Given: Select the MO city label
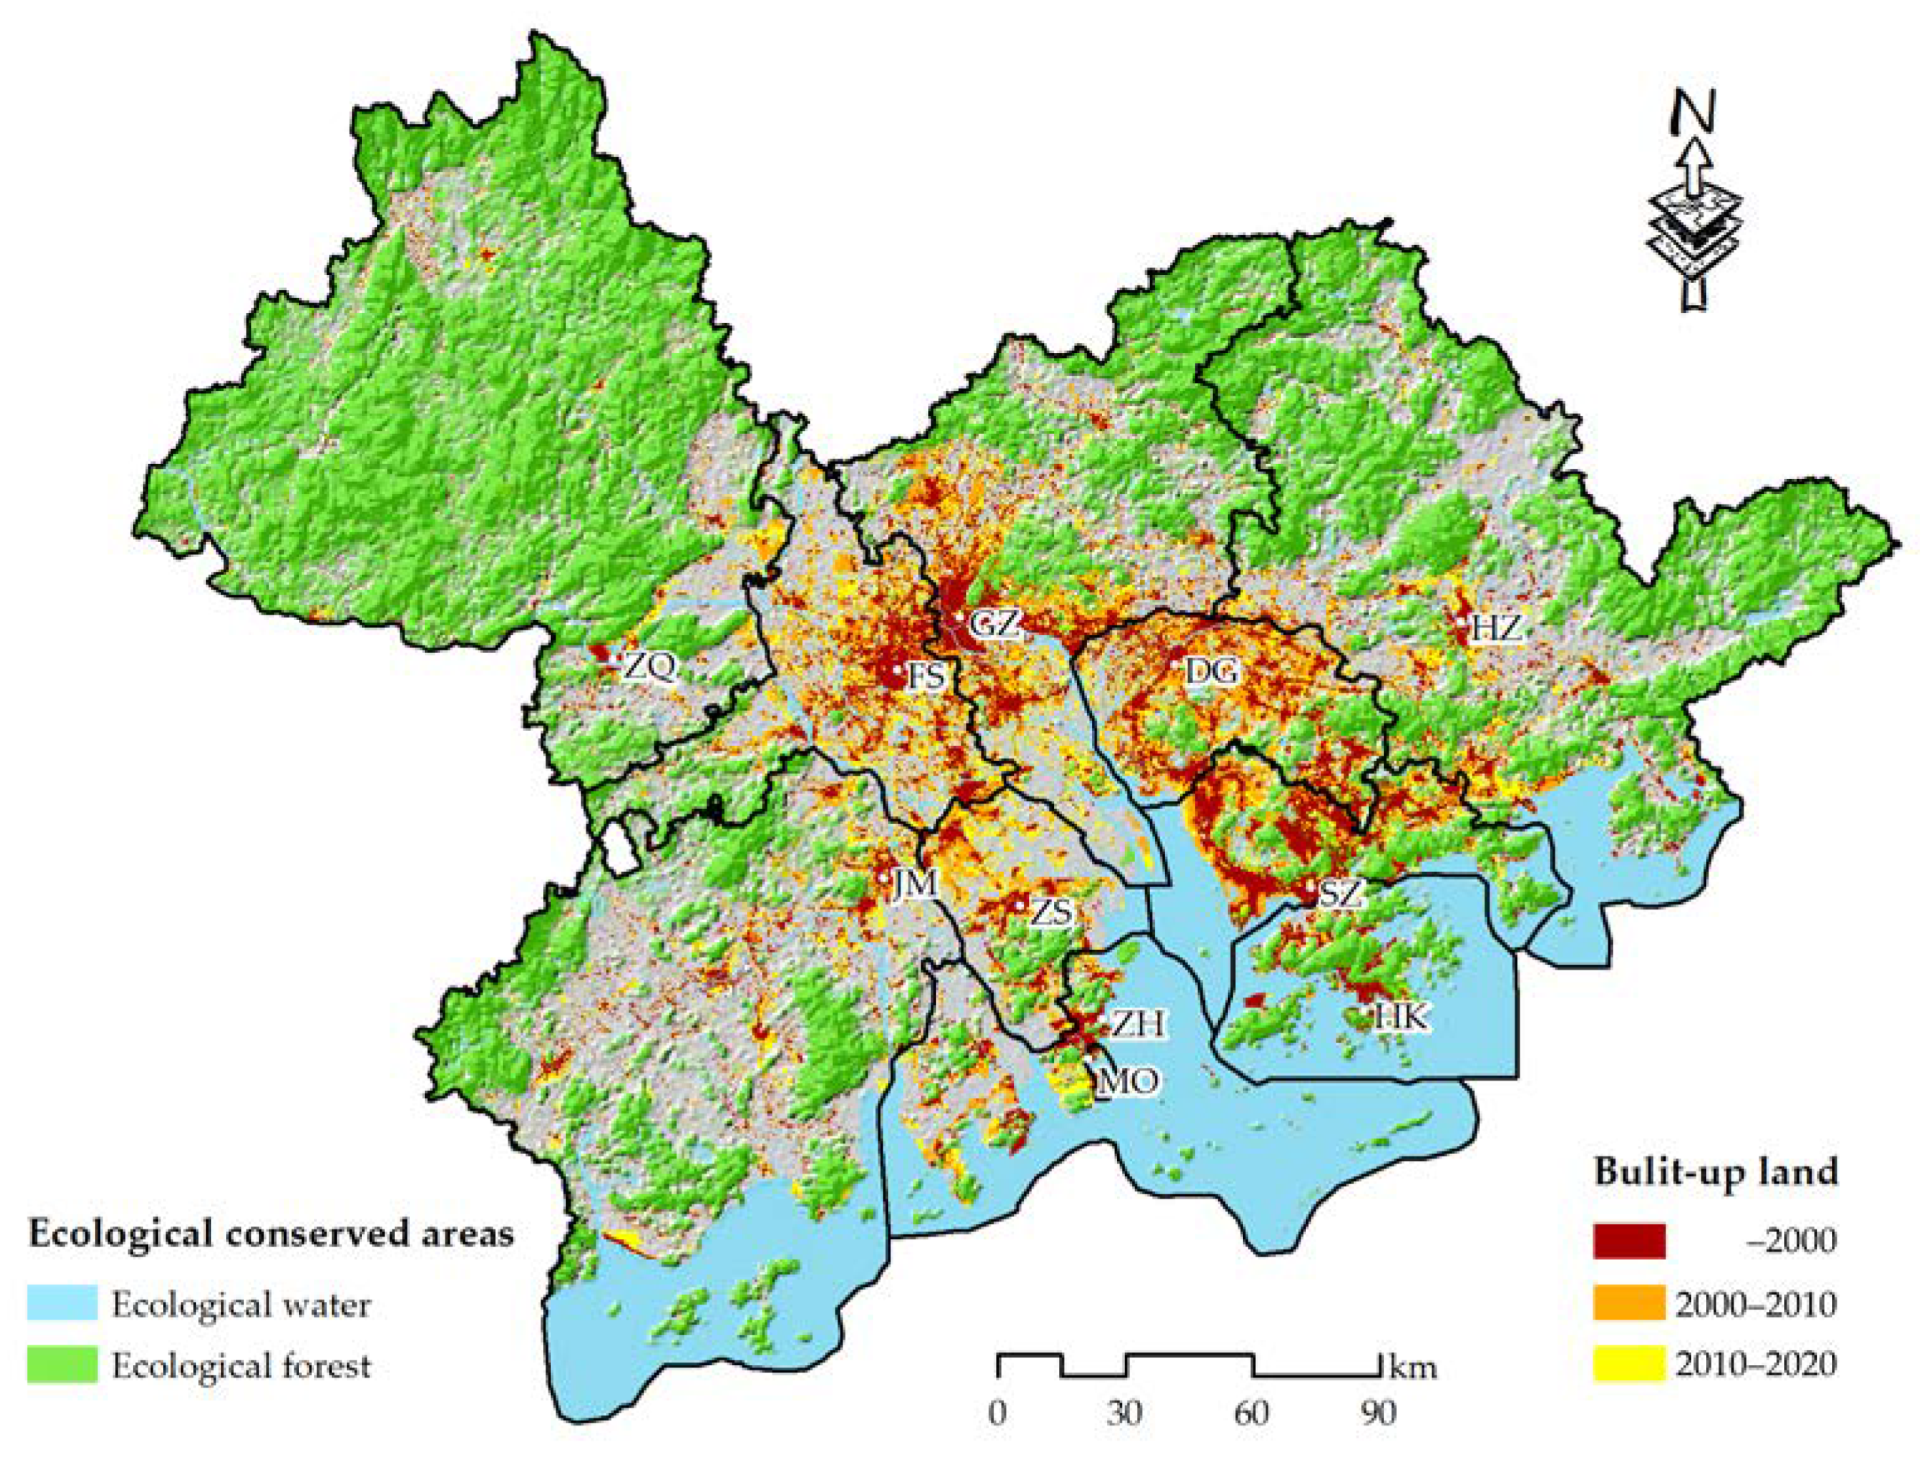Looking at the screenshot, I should [1128, 1082].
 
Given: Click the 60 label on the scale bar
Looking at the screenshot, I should [1252, 1413].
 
